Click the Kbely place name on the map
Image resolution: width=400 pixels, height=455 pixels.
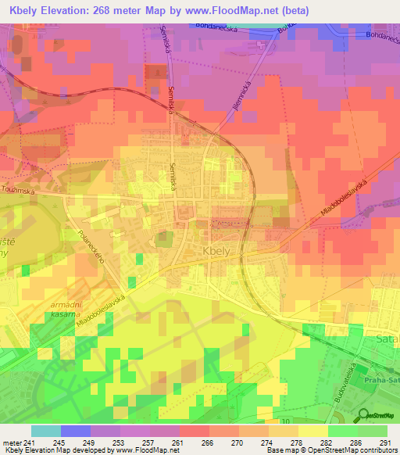(216, 252)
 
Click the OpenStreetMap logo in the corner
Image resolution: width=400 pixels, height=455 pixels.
(380, 416)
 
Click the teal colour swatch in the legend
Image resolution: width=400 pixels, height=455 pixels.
(45, 431)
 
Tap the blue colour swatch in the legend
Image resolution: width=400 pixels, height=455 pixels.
(75, 431)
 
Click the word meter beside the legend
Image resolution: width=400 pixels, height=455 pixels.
(11, 442)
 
